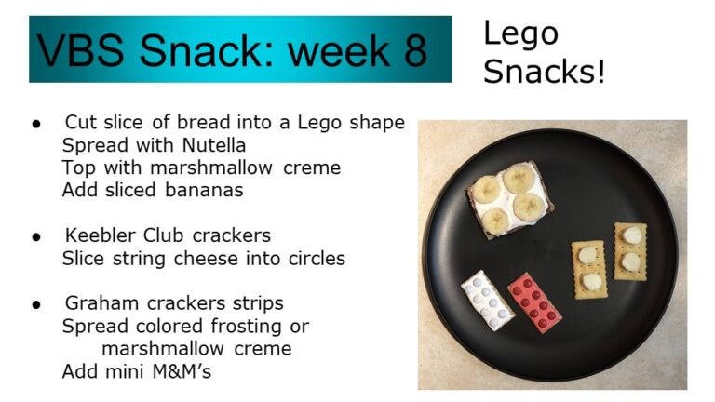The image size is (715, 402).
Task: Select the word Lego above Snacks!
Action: click(520, 34)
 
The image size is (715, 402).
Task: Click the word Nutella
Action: click(214, 145)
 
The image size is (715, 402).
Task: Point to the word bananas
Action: click(204, 190)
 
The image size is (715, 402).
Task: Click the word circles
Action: click(317, 259)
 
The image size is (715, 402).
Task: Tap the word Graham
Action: click(101, 303)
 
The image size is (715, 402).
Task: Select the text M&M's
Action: click(182, 371)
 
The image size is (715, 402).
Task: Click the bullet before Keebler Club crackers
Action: click(36, 237)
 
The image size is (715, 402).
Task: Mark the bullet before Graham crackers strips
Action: click(36, 305)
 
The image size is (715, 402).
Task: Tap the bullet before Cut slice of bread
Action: click(36, 124)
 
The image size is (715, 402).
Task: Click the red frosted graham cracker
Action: click(534, 302)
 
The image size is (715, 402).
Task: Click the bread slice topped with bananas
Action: click(511, 199)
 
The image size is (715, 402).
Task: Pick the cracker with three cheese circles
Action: click(589, 269)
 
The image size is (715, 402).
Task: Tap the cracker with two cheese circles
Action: click(630, 251)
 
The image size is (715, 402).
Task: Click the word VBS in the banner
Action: click(80, 50)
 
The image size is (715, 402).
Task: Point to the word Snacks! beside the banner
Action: click(544, 72)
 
